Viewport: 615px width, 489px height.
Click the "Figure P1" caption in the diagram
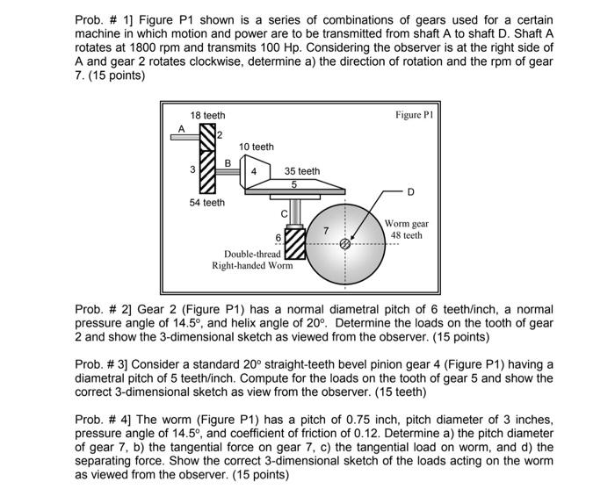click(416, 114)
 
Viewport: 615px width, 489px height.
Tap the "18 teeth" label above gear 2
click(207, 115)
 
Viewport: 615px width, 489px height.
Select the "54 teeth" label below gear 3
click(207, 203)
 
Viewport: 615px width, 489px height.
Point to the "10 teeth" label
click(257, 147)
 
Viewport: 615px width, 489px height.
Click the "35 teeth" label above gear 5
click(302, 171)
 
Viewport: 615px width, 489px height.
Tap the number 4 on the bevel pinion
click(254, 172)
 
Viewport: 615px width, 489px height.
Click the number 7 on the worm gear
click(326, 230)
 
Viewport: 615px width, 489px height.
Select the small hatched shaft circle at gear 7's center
click(345, 246)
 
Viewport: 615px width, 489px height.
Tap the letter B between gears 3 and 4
click(228, 162)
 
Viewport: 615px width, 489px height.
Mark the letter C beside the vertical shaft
click(284, 213)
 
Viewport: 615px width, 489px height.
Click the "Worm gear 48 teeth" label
click(407, 230)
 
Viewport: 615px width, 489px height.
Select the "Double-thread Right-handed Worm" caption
click(253, 260)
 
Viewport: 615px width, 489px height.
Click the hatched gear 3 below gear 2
click(207, 172)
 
